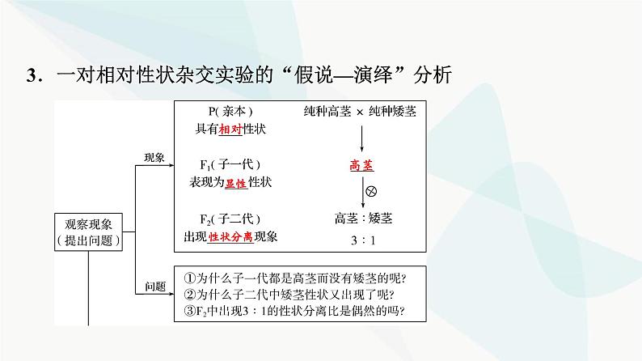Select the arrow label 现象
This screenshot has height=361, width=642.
coord(154,159)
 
